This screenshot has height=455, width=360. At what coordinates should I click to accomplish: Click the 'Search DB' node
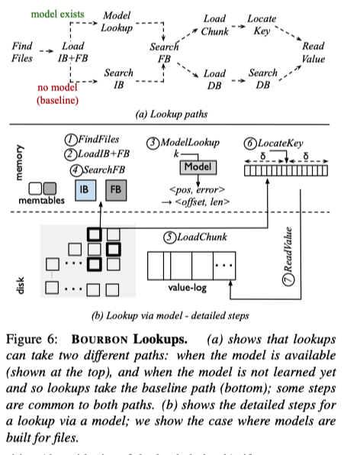[x=268, y=79]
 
